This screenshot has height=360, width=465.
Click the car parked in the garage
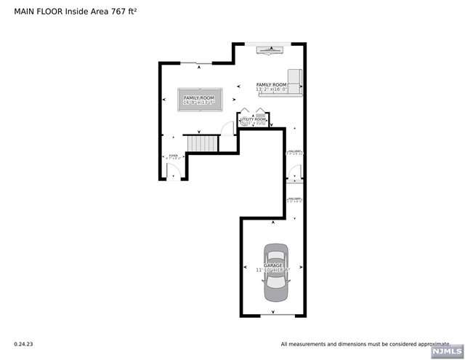point(275,273)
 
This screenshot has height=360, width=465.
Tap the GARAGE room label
point(272,265)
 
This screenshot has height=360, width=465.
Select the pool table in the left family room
point(200,100)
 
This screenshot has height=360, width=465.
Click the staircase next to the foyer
point(202,143)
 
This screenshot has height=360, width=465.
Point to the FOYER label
point(173,155)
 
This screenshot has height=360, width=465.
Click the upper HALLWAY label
point(294,152)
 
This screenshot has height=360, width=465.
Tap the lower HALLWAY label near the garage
point(294,199)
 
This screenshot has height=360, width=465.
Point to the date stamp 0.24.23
point(24,344)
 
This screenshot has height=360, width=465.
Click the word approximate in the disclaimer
point(429,344)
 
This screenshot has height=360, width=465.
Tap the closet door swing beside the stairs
point(228,129)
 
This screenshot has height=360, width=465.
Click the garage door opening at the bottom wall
point(275,316)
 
